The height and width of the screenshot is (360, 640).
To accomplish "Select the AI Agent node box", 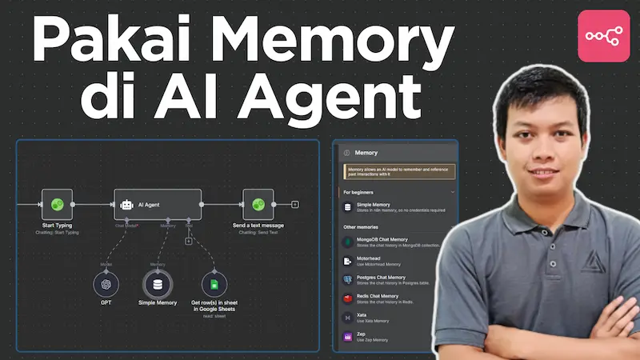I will click(x=157, y=205).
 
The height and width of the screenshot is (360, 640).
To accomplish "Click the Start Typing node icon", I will click(x=58, y=205).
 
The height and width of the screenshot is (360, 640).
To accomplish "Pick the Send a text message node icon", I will click(x=258, y=205).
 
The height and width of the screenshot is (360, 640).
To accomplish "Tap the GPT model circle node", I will click(x=106, y=283).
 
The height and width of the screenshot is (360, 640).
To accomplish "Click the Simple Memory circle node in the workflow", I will click(x=158, y=283).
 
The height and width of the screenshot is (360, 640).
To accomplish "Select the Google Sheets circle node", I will click(x=213, y=283).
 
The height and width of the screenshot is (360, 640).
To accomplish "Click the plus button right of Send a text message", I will click(x=294, y=205).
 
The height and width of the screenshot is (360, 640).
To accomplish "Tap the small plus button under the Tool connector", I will click(x=188, y=241).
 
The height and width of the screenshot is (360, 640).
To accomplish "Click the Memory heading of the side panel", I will click(x=366, y=152).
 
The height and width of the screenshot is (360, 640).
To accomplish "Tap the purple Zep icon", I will click(x=347, y=338).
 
